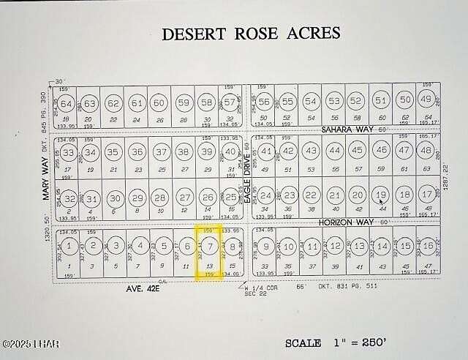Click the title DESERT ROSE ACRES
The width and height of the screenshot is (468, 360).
pos(251,34)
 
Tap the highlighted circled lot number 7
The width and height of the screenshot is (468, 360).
pos(209,247)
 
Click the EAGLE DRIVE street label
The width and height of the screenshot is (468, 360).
pos(248,182)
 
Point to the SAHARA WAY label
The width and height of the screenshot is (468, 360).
pos(348,130)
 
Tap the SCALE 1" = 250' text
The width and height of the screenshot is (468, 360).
pos(347,342)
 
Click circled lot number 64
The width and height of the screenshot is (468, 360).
pos(67,103)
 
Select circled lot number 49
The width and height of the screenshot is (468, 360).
pos(426,100)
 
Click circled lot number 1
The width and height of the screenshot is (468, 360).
pos(69,247)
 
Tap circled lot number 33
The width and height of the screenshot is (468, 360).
pos(69,153)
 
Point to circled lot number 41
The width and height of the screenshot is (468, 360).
pos(267,152)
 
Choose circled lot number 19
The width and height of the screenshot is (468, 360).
pos(380,195)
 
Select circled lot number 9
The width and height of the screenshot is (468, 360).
pos(267,247)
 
